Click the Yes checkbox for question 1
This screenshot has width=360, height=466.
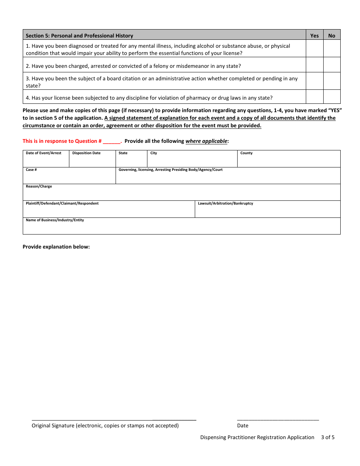click(314, 48)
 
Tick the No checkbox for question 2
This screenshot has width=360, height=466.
click(332, 65)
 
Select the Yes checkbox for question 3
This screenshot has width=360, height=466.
click(314, 81)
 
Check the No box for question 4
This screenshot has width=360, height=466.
click(332, 97)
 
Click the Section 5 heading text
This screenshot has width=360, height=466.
click(79, 36)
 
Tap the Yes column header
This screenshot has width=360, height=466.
click(315, 36)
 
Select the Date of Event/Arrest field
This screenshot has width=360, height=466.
click(46, 161)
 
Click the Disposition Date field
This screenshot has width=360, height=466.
click(92, 161)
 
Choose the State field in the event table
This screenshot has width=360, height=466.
click(131, 161)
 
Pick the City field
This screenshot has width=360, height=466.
click(192, 161)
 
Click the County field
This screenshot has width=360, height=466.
click(289, 161)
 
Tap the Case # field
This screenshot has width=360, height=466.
click(69, 177)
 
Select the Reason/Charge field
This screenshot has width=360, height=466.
click(182, 194)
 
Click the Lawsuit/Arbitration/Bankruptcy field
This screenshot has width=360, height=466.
click(268, 211)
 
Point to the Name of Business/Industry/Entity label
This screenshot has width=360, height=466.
click(55, 220)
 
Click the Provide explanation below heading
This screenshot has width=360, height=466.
click(56, 247)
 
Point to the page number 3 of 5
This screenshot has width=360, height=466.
click(328, 437)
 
